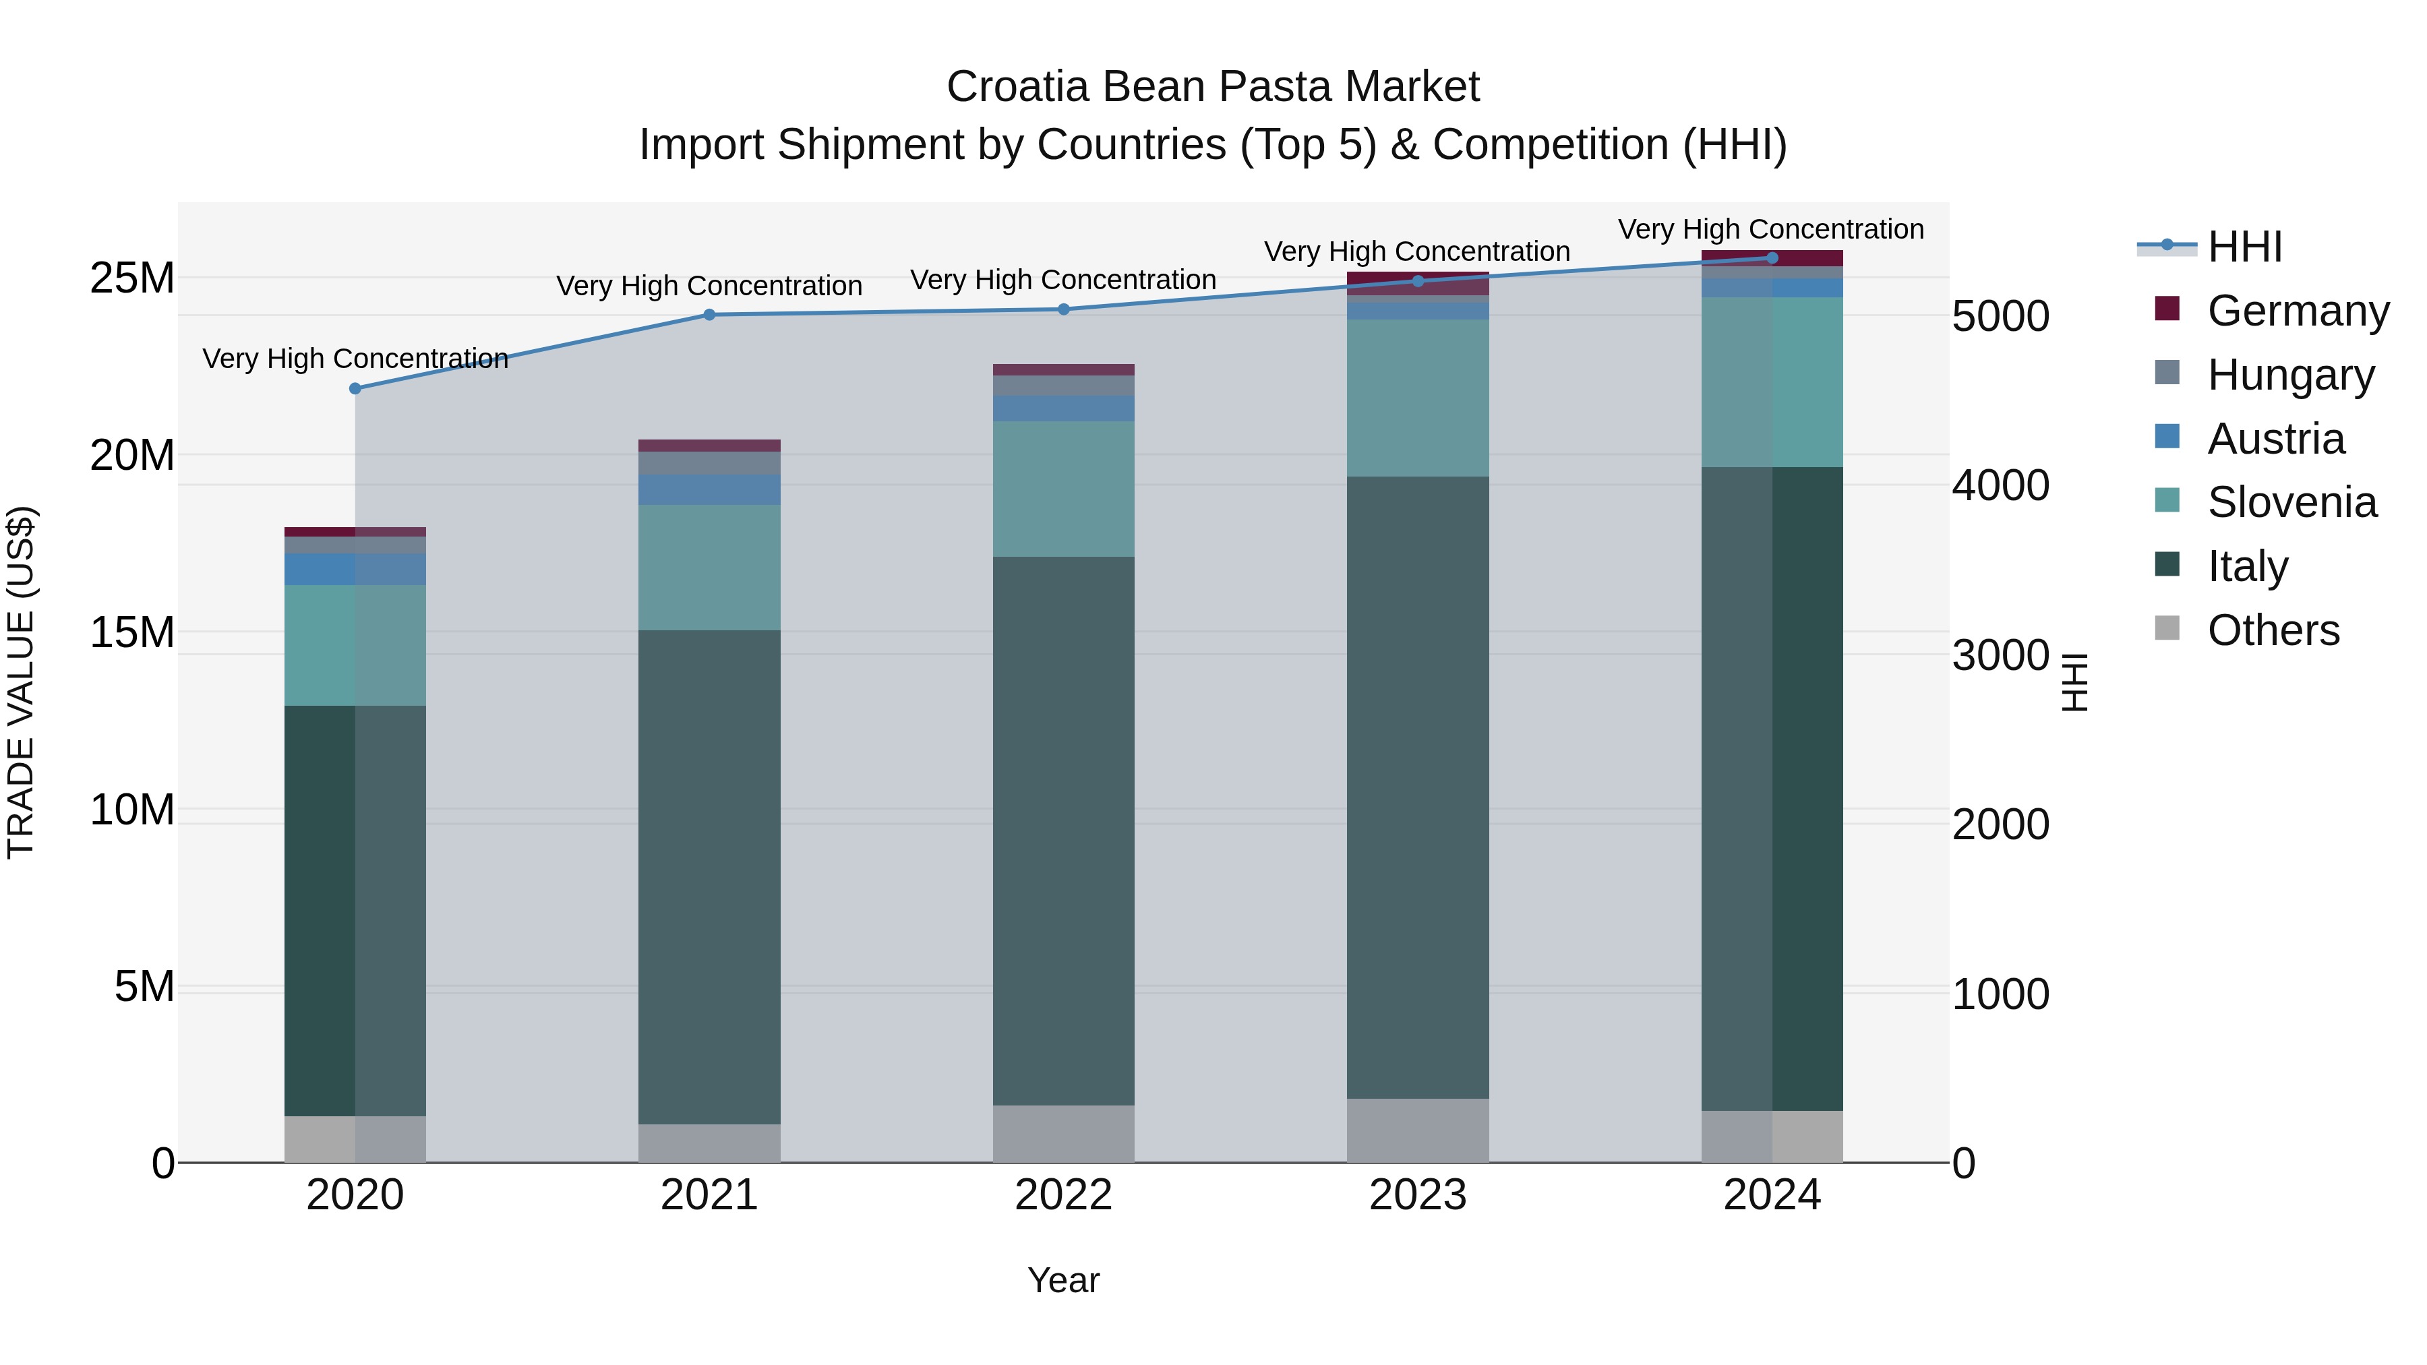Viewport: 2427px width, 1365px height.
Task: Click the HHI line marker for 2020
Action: click(x=355, y=388)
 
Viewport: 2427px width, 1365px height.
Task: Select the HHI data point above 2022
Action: click(x=1064, y=309)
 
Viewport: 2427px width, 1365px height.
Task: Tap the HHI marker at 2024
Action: click(x=1772, y=257)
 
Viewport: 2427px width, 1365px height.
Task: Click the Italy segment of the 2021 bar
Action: click(x=709, y=876)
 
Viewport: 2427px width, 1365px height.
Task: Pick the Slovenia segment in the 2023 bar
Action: click(x=1418, y=398)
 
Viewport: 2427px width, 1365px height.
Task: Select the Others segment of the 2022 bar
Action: click(x=1064, y=1133)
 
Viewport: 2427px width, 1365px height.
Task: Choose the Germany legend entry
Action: click(x=2297, y=311)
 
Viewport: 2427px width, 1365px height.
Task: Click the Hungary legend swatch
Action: click(x=2167, y=373)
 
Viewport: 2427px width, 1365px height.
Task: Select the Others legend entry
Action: click(x=2273, y=630)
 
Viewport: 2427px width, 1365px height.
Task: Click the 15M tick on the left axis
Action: click(x=132, y=632)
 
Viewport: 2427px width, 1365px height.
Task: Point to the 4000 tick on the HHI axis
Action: click(x=2000, y=485)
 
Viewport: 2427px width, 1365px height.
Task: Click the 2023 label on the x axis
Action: click(x=1418, y=1195)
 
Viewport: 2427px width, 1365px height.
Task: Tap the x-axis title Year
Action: click(x=1064, y=1280)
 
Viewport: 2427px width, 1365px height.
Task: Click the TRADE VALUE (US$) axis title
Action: click(x=21, y=682)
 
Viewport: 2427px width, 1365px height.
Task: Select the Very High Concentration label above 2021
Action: click(x=709, y=285)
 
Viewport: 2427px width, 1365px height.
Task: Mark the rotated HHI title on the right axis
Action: click(x=2074, y=682)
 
